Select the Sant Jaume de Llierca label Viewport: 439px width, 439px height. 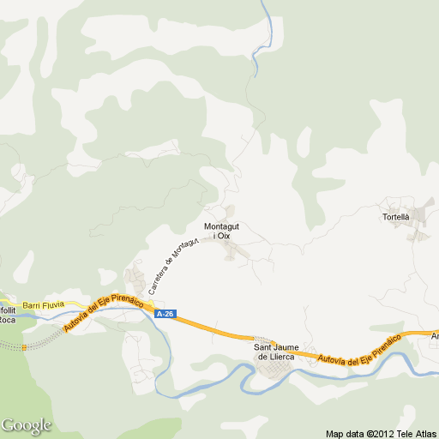point(276,351)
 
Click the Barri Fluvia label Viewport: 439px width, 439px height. point(43,304)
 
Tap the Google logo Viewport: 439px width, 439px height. point(26,425)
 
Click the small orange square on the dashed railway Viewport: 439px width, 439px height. point(24,347)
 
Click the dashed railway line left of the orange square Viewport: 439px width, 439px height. point(10,345)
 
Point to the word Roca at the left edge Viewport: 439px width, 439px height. point(7,319)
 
